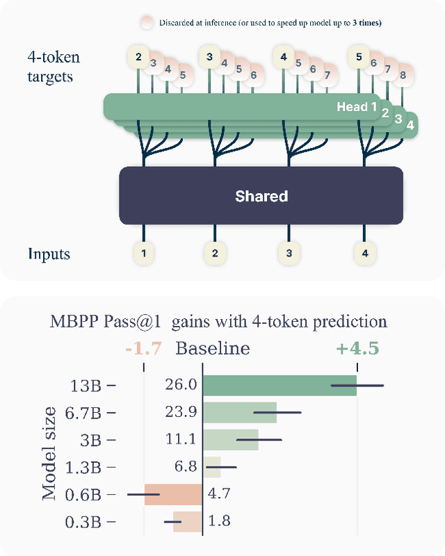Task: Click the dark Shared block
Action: point(261,196)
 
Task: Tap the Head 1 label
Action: point(357,107)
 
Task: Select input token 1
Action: point(144,254)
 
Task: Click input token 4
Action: point(364,254)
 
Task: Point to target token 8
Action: point(403,75)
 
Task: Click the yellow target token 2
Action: point(138,57)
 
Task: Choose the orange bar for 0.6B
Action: point(173,494)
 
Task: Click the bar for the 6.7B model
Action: point(240,412)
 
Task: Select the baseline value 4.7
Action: point(220,494)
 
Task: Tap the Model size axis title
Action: point(49,452)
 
